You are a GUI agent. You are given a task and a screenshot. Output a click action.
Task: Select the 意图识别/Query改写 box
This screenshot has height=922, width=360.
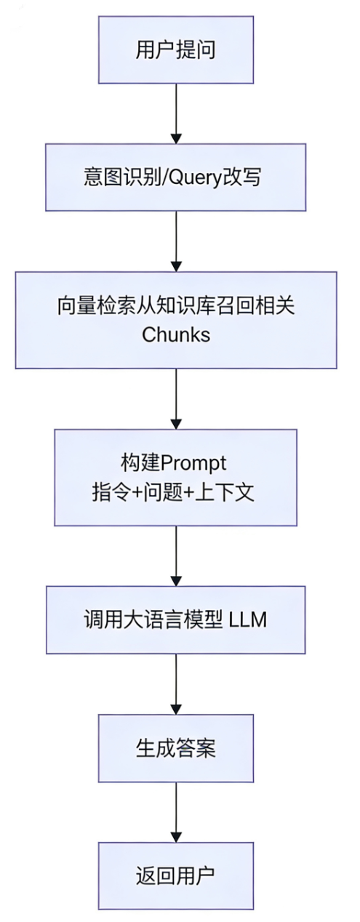click(175, 177)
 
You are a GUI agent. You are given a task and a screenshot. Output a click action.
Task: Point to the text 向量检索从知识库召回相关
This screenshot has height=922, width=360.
click(175, 305)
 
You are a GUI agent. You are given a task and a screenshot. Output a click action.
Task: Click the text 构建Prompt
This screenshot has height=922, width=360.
click(175, 463)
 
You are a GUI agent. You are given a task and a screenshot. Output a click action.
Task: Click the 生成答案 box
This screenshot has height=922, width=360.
click(175, 750)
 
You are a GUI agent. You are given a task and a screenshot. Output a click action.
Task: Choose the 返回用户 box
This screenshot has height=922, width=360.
click(175, 874)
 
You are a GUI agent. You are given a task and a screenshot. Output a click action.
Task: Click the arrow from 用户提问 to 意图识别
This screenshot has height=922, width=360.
click(175, 113)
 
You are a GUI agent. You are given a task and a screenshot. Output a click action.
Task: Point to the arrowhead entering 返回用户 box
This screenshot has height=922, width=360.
click(175, 835)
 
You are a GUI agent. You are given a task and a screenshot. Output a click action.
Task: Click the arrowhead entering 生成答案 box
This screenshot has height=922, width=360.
click(175, 710)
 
